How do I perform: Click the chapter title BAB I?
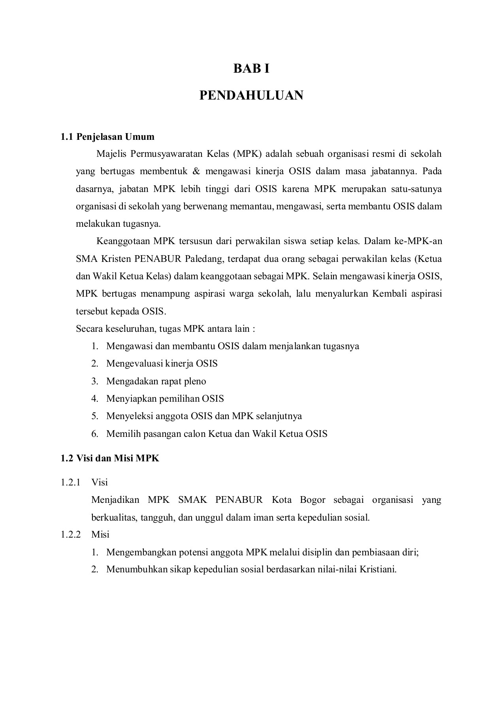(251, 69)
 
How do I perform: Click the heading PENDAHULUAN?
(251, 95)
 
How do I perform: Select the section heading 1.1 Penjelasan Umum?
(107, 137)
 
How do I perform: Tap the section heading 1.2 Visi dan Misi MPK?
(110, 458)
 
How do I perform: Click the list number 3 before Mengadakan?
(94, 381)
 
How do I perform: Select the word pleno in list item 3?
(195, 381)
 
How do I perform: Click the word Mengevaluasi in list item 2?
(134, 363)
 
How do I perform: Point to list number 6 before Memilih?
(94, 434)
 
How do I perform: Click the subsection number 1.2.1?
(70, 482)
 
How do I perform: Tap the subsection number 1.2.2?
(70, 534)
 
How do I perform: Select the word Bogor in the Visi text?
(313, 500)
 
